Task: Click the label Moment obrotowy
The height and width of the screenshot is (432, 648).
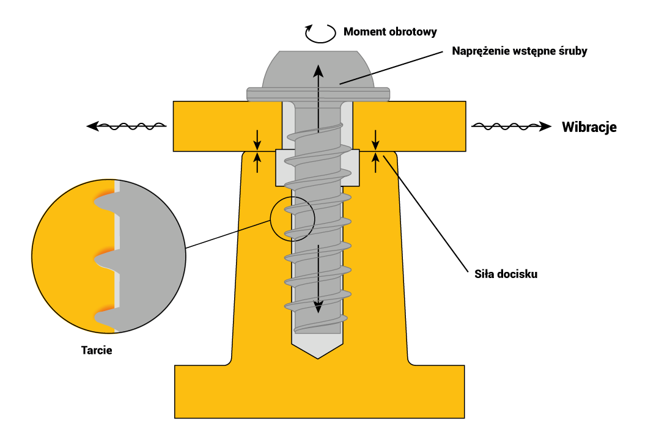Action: (390, 32)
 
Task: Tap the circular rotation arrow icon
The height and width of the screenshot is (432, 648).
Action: (320, 32)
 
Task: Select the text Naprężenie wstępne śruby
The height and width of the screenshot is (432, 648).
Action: (519, 51)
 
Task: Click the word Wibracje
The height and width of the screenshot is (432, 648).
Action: (589, 127)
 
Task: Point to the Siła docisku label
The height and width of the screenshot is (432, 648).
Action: (506, 274)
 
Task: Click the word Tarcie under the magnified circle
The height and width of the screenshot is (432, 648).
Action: (97, 351)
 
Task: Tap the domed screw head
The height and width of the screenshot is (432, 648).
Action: (317, 70)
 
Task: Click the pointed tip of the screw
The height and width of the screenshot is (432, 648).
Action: (318, 353)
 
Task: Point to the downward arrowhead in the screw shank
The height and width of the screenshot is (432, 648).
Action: (318, 307)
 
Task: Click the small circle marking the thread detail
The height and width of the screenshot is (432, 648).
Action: (292, 219)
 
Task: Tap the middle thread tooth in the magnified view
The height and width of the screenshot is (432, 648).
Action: (105, 260)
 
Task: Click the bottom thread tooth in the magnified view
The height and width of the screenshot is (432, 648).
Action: (105, 318)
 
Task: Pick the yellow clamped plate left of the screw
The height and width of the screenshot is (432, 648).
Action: (226, 125)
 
